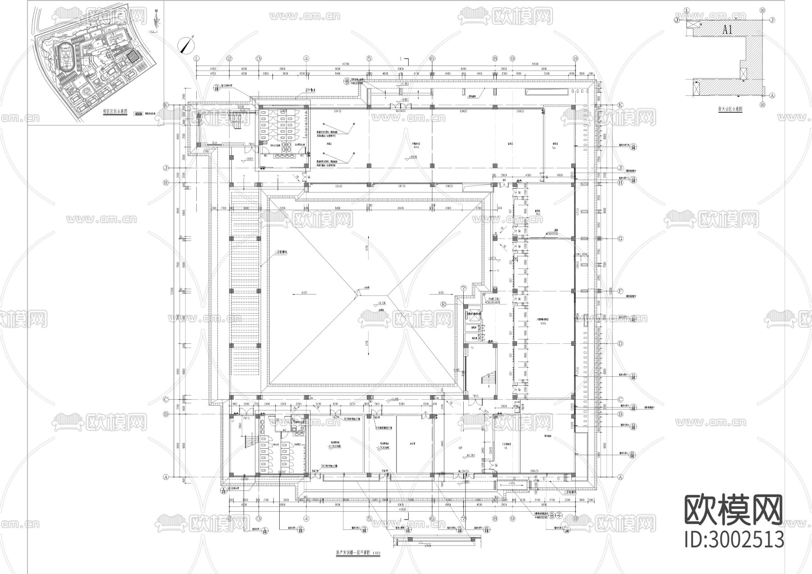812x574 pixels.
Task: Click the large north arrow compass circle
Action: pyautogui.click(x=186, y=46)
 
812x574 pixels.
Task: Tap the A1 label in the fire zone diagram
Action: pyautogui.click(x=728, y=30)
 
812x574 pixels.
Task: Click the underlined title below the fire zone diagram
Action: pyautogui.click(x=730, y=109)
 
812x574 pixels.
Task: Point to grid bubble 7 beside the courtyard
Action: pyautogui.click(x=463, y=288)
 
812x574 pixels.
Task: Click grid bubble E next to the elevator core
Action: pyautogui.click(x=444, y=305)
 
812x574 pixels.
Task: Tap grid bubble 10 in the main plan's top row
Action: pyautogui.click(x=575, y=58)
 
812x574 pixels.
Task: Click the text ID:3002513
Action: pyautogui.click(x=734, y=540)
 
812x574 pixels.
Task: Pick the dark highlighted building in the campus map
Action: pyautogui.click(x=132, y=57)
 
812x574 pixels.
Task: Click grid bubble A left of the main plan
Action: pyautogui.click(x=166, y=477)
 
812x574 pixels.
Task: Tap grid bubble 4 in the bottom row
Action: pyautogui.click(x=306, y=518)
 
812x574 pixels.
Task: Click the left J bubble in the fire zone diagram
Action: pyautogui.click(x=677, y=20)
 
